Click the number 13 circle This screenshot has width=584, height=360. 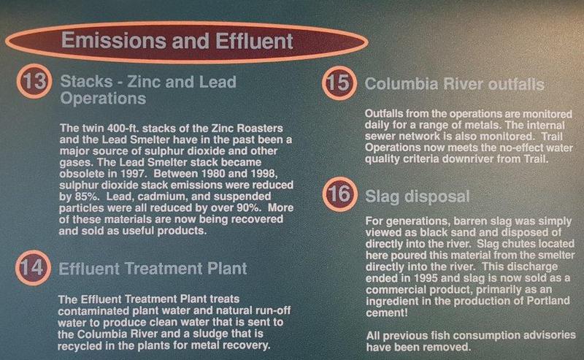[x=34, y=81]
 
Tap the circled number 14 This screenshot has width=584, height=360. [x=33, y=267]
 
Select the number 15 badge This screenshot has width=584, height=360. [x=339, y=83]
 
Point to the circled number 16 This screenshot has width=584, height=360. [x=340, y=194]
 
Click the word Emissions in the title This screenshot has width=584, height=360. [x=114, y=40]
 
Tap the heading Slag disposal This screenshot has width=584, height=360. [x=417, y=196]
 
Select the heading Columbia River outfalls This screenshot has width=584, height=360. [x=454, y=84]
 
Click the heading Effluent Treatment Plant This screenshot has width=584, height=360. [x=153, y=268]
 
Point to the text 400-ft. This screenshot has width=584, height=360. [x=123, y=129]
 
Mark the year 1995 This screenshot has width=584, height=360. [x=426, y=278]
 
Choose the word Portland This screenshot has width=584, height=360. [x=548, y=301]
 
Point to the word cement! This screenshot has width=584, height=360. [x=387, y=313]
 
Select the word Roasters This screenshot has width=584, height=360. [x=260, y=129]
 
